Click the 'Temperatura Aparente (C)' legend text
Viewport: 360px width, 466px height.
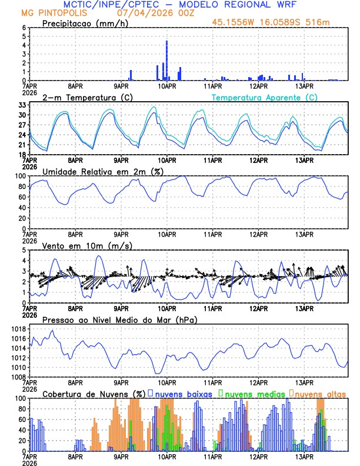(x=264, y=97)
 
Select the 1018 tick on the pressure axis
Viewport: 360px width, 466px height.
(x=18, y=329)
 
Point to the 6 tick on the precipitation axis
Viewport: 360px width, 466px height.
(x=24, y=28)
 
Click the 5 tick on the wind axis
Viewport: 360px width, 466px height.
(x=24, y=250)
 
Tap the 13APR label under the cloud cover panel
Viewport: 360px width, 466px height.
(x=304, y=455)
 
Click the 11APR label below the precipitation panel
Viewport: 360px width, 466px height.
(x=213, y=85)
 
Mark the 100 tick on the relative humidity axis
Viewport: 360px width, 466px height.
(x=20, y=176)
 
